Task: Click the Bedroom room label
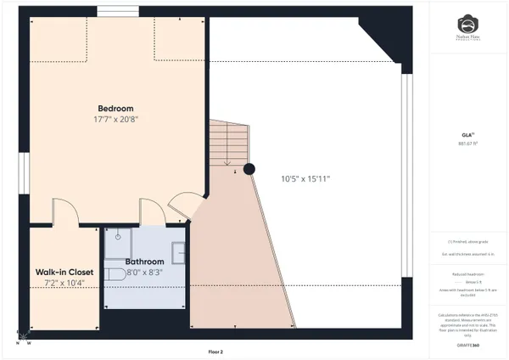(x=115, y=109)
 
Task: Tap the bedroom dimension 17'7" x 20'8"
(x=115, y=120)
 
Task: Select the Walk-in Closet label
(x=59, y=272)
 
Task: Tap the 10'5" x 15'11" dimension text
(x=305, y=178)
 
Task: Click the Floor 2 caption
(x=216, y=351)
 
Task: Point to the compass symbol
(x=22, y=337)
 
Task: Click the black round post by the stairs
(x=249, y=168)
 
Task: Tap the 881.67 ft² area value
(x=467, y=143)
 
